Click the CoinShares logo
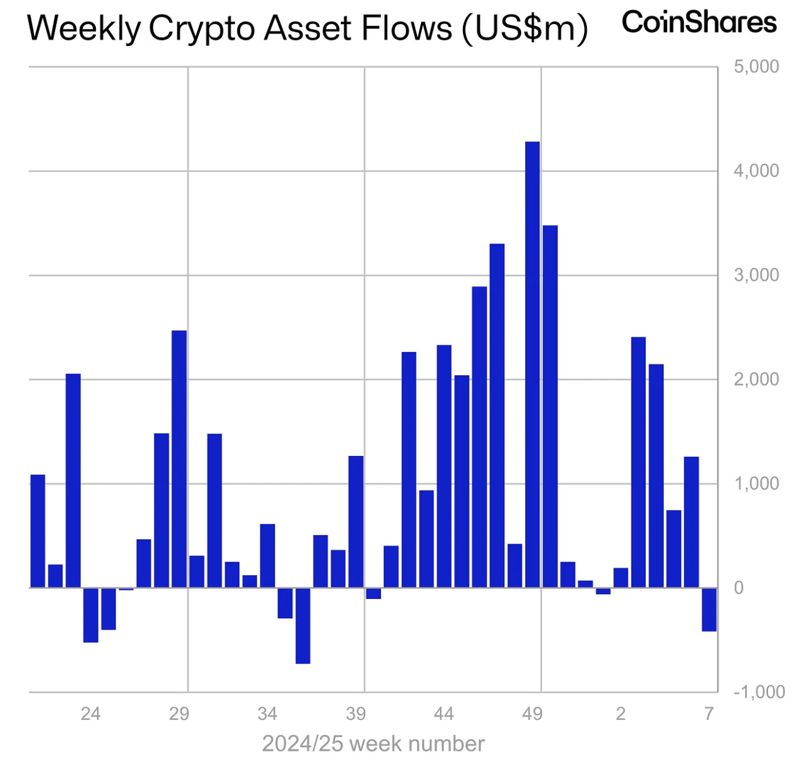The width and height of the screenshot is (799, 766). pos(699,23)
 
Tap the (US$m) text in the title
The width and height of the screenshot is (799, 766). pos(525,28)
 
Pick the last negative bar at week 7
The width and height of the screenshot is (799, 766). pos(709,609)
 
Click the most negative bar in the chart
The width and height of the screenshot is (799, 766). pos(303,625)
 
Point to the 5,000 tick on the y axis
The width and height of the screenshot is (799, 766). pos(756,66)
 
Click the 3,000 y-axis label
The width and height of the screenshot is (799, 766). pos(756,275)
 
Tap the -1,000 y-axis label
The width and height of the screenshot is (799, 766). pos(758,692)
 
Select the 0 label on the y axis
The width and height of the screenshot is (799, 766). pos(739,588)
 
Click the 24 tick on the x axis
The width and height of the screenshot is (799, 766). pos(90,713)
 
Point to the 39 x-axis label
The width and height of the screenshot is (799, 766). pos(356,713)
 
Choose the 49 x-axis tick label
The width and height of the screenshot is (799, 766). pos(532,713)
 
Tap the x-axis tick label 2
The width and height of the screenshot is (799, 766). pos(621,713)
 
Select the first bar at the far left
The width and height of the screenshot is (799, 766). pos(38,531)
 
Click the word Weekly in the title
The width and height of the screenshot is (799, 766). pos(84,28)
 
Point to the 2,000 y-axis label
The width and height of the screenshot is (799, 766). pos(756,379)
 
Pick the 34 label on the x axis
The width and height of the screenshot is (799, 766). pos(267,713)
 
